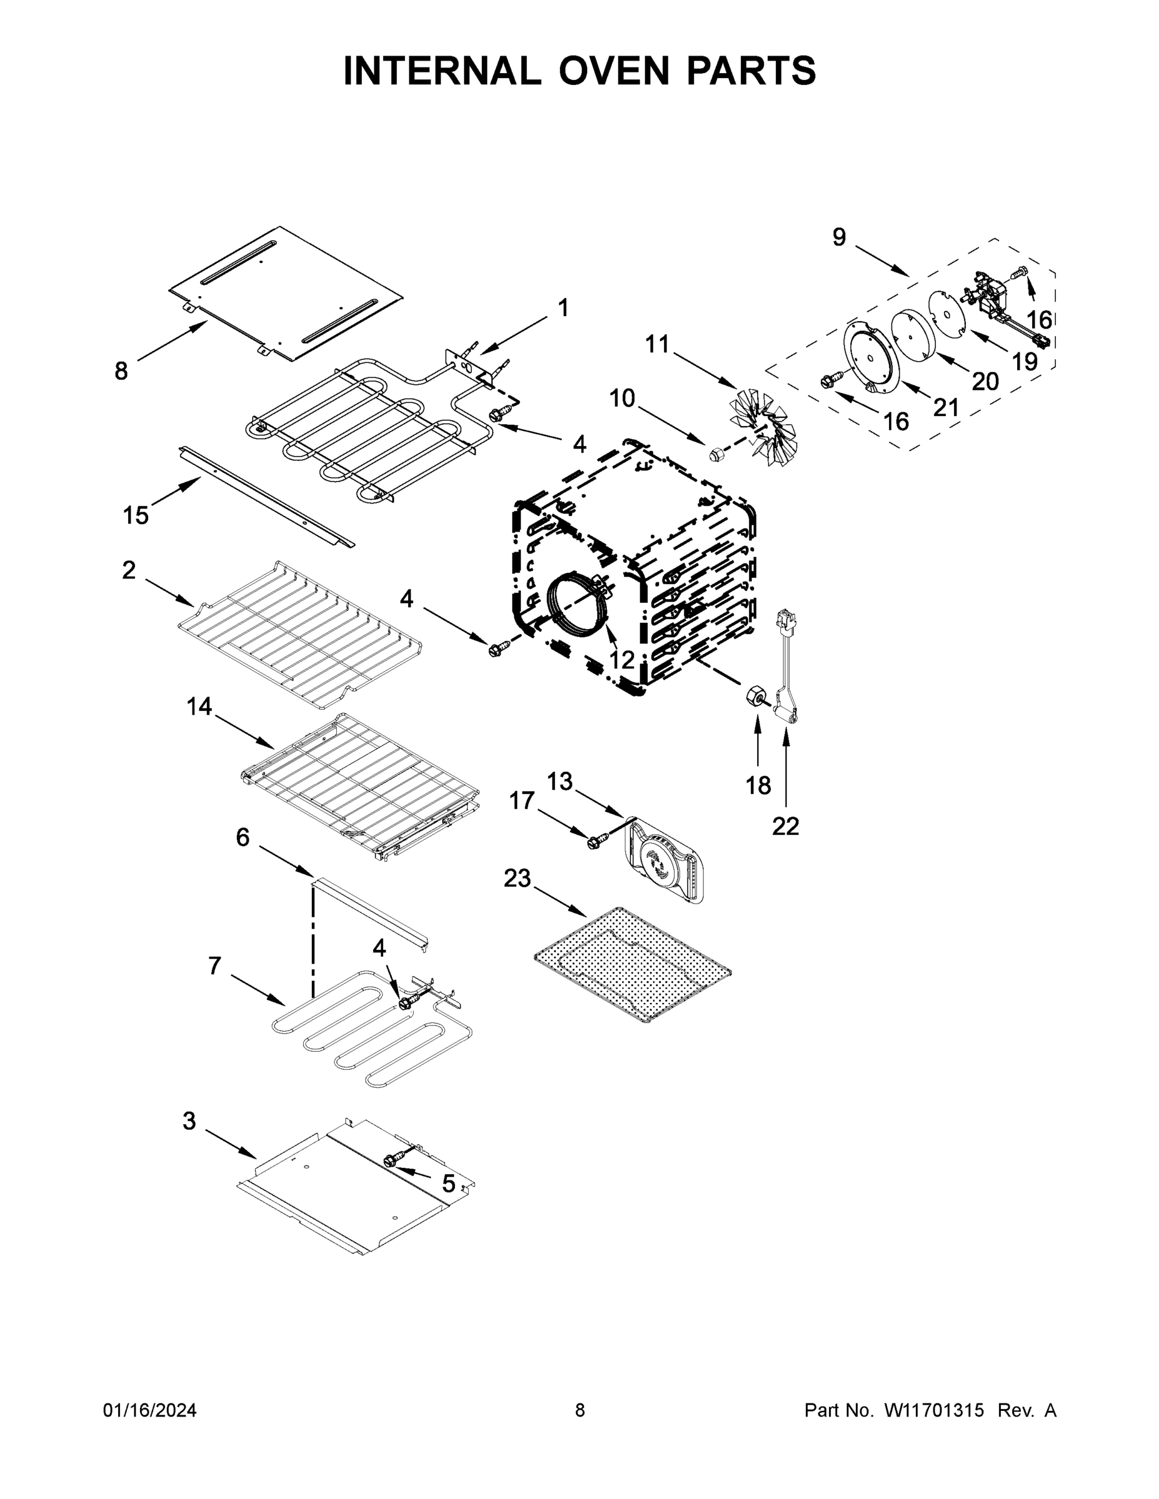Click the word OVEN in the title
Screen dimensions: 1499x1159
click(613, 71)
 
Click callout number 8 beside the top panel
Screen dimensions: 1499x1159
click(121, 372)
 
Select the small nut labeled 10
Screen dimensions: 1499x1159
click(717, 453)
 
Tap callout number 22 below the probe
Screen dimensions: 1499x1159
click(785, 826)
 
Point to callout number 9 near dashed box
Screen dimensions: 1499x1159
click(839, 237)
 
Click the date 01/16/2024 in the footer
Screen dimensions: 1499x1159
click(150, 1410)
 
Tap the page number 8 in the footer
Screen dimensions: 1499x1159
click(580, 1410)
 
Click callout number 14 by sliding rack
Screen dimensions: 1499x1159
click(199, 706)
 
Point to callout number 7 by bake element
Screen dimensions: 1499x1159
click(215, 966)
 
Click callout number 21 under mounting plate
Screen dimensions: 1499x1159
click(945, 407)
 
